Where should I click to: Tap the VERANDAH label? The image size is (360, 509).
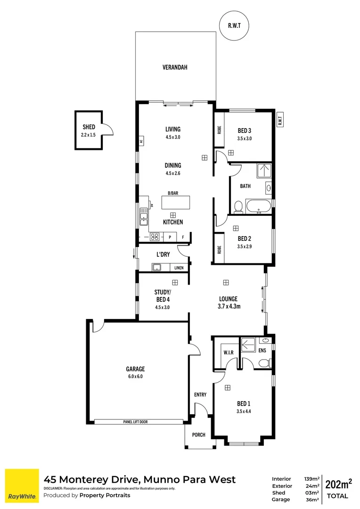coord(175,67)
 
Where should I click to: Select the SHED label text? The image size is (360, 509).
coord(89,127)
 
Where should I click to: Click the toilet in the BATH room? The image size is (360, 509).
coord(238,206)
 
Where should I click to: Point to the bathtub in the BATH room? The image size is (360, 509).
coord(259,206)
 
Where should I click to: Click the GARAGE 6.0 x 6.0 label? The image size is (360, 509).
coord(135,372)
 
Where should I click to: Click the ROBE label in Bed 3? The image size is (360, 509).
coord(220,130)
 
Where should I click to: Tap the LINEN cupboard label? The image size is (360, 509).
coord(179,268)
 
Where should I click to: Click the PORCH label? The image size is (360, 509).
coord(199,435)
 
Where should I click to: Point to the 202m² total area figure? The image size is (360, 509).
coord(339,484)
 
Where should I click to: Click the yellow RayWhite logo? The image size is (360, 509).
coord(22,485)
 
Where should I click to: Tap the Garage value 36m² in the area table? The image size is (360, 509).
coord(312,500)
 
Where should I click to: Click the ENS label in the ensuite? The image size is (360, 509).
coord(262,350)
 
